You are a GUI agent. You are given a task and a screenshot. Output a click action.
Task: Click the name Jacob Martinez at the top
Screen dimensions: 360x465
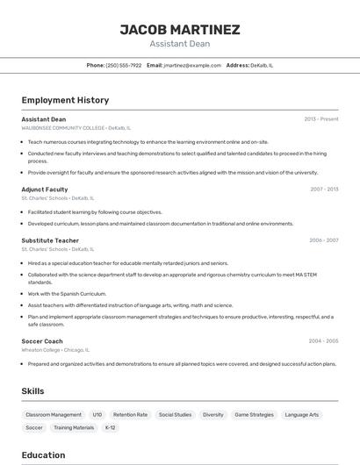(x=180, y=29)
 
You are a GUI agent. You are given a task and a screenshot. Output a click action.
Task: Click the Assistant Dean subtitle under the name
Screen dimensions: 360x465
(x=180, y=43)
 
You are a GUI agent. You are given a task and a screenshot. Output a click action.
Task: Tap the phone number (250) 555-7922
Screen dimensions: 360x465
(x=123, y=65)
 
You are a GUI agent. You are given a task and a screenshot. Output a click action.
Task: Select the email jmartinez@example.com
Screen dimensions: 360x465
(x=192, y=65)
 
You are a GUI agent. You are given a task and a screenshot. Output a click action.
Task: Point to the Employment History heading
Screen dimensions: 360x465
(x=65, y=100)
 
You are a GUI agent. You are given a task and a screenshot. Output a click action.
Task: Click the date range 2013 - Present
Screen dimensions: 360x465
(x=320, y=119)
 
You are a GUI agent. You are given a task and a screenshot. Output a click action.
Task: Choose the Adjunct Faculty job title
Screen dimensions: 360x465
(x=45, y=190)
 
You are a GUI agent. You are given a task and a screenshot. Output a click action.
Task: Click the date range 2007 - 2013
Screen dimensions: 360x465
(x=324, y=190)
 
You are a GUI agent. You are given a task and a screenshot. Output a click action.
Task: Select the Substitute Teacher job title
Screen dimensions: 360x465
(x=50, y=240)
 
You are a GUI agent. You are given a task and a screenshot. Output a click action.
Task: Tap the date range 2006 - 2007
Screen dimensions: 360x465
(x=323, y=240)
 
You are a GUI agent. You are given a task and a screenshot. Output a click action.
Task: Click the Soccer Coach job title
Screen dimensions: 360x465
(x=42, y=341)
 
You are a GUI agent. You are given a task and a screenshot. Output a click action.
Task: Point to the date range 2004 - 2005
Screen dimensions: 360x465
(x=323, y=341)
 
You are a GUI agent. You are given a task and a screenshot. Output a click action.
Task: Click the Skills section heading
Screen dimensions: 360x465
(x=32, y=391)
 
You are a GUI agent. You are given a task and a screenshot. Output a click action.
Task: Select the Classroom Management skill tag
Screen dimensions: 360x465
(x=54, y=414)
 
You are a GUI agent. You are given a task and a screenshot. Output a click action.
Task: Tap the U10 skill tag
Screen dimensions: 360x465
(x=97, y=414)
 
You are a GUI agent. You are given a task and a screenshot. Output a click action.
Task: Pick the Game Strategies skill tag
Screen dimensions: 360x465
(x=254, y=414)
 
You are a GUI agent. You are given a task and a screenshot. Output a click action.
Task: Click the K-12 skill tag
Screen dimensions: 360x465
(x=110, y=427)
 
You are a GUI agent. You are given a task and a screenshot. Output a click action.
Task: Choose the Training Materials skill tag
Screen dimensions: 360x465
(x=74, y=427)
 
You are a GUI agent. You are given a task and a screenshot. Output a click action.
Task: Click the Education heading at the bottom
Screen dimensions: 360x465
(x=43, y=455)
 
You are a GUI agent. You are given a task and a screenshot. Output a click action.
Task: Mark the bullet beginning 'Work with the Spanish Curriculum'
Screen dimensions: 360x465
(x=67, y=294)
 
